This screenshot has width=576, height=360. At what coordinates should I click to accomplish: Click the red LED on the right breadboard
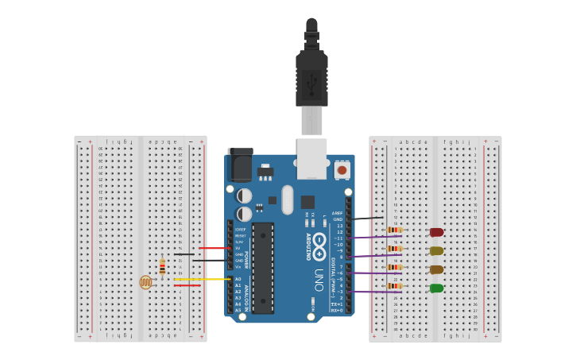tap(436, 232)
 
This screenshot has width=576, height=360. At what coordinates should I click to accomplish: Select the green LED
tap(436, 288)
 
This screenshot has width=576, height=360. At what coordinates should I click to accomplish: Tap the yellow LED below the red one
tap(436, 250)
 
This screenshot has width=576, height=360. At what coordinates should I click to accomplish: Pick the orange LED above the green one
tap(436, 269)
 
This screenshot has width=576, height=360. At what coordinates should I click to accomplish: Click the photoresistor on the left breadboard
tap(145, 281)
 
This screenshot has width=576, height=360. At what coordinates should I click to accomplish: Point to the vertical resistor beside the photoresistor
tap(162, 267)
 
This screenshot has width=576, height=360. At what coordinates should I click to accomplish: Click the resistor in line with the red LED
tap(394, 230)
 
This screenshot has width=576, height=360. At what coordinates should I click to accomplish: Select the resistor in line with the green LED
tap(394, 285)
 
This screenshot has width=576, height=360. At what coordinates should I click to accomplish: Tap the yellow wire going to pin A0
tap(203, 279)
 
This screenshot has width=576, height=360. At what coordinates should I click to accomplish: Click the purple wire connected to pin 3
tap(373, 292)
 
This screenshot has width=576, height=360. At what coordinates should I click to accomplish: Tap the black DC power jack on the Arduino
tap(239, 165)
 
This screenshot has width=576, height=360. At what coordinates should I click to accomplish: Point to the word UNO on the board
tap(319, 279)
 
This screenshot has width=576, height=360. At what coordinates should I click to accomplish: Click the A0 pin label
tap(238, 279)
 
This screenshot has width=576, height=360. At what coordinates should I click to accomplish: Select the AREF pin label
tap(338, 213)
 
